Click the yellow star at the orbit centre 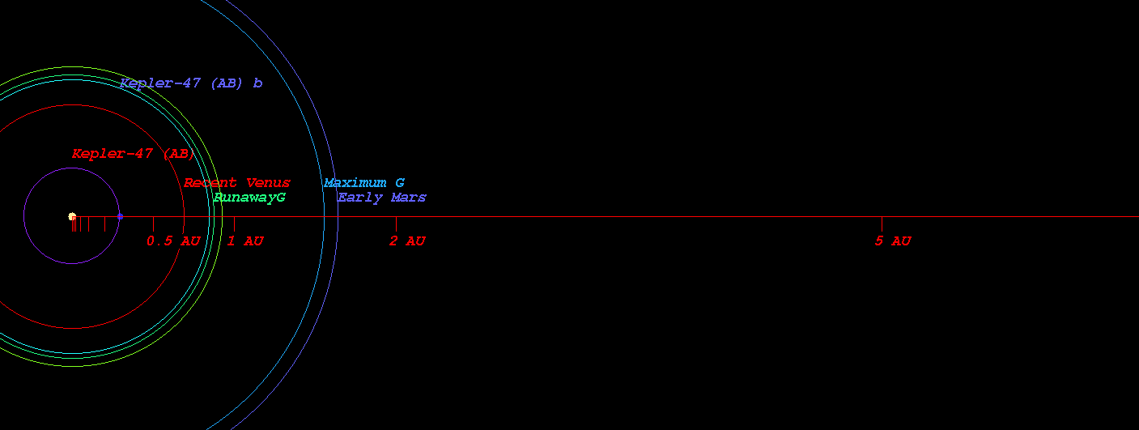72,216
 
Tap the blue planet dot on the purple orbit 120,216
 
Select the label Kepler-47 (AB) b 191,83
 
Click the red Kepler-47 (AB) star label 134,154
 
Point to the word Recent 210,183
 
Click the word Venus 268,183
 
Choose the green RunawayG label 249,198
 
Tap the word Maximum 355,183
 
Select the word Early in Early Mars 359,198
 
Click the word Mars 409,198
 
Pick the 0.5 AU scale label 173,241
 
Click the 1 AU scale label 245,241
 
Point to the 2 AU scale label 407,241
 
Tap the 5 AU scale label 893,241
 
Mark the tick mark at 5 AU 882,224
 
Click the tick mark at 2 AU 396,224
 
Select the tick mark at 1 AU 234,224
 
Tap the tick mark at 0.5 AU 153,224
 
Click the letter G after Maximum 400,183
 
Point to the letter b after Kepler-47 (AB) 257,83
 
